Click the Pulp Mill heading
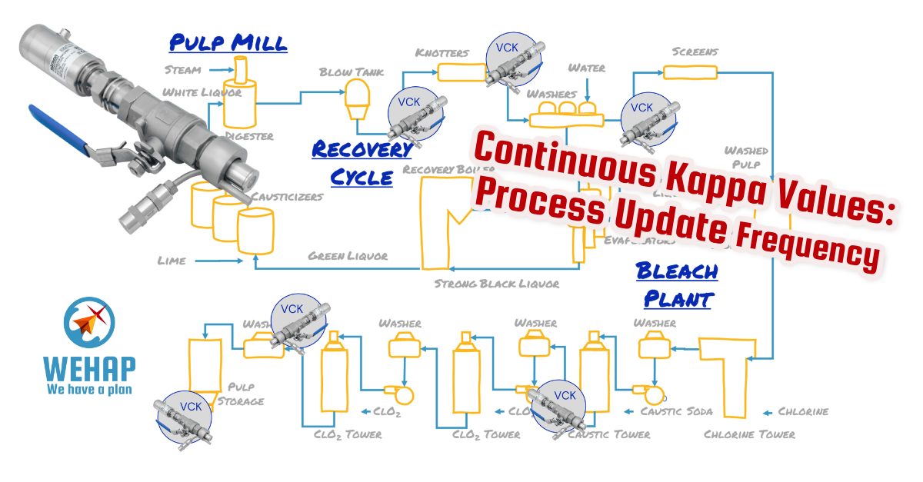228,42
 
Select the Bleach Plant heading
676,284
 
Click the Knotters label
442,52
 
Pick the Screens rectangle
690,72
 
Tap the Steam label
183,70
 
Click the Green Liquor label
348,255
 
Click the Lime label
171,261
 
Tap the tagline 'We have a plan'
89,389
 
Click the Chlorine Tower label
749,434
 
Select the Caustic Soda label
676,411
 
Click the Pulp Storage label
245,394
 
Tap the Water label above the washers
586,68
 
